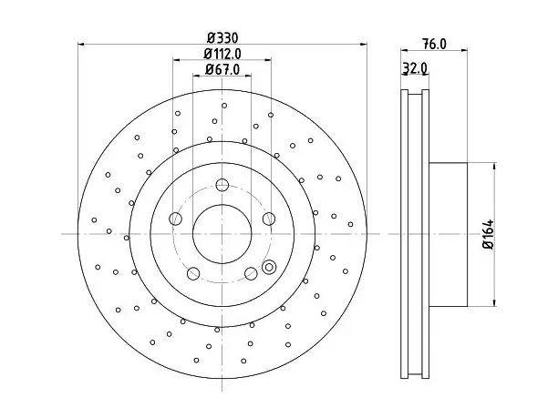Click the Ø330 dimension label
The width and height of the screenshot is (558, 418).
coord(222,37)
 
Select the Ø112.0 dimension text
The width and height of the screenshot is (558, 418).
coord(222,54)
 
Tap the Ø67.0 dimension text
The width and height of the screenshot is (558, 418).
coord(222,69)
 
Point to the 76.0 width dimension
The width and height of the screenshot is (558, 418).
coord(434,44)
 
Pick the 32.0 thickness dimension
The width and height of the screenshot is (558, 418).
coord(415,68)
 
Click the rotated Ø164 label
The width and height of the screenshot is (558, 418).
coord(489,234)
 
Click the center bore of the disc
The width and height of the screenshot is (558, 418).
coord(222,234)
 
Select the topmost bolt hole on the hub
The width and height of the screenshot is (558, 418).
coord(222,185)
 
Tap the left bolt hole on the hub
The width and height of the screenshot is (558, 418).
coord(175,219)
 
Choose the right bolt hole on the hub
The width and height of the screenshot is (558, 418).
coord(269,219)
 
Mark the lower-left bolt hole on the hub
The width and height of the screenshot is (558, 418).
coord(193,273)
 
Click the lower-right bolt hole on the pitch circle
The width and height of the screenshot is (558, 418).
coord(251,273)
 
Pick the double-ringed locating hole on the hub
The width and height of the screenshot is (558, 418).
coord(269,268)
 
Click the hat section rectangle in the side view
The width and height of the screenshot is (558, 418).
coord(448,234)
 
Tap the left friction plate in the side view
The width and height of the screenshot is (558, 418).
coord(404,234)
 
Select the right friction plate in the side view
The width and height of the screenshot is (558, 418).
coord(426,234)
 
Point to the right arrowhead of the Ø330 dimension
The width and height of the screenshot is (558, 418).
coord(364,45)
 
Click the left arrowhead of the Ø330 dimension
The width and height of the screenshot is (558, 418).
coord(81,45)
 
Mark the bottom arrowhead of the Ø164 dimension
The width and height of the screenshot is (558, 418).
coord(494,302)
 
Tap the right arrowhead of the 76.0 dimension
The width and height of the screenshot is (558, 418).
coord(464,50)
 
